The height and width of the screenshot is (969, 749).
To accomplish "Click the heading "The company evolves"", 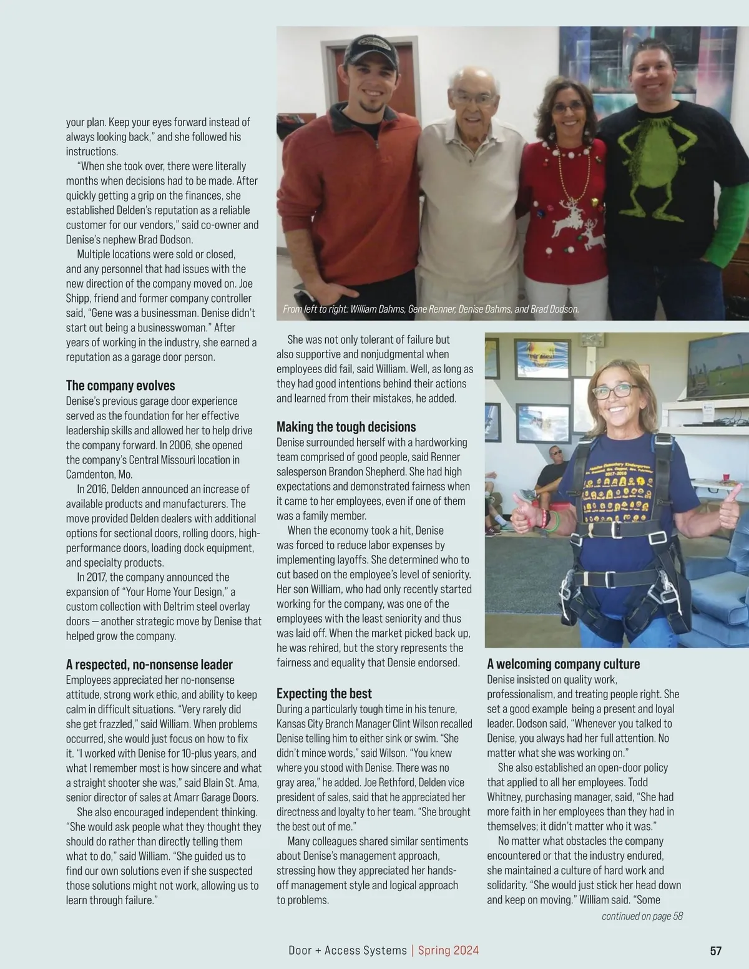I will point(120,386).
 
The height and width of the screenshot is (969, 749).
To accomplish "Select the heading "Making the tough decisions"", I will point(346,427).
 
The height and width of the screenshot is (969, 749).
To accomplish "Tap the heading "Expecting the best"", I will point(324,693).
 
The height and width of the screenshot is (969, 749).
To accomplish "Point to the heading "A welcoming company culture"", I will point(563,664).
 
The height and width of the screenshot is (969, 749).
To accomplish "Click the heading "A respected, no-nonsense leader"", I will point(149,665).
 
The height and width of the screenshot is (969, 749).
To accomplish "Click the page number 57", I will point(715,951).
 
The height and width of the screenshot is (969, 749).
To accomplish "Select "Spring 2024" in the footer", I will point(448,950).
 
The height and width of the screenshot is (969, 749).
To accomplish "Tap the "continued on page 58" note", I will point(642,916).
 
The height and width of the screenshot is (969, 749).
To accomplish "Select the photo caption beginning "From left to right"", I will point(431,309).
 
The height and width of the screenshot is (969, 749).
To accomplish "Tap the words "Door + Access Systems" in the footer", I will point(348,950).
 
